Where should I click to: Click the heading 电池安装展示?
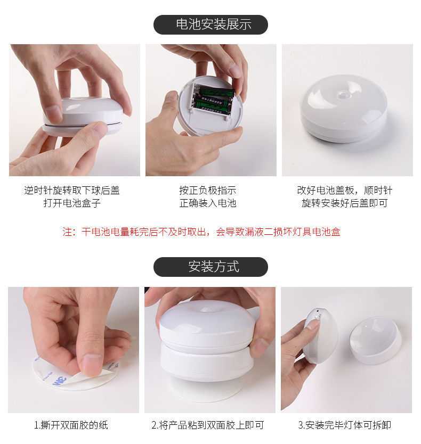(213, 24)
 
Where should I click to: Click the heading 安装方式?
(214, 267)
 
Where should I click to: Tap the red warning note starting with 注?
(201, 232)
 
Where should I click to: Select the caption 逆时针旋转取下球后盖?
(72, 190)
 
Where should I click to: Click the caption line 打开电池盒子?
(72, 203)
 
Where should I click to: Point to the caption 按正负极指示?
(207, 190)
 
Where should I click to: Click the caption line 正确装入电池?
(207, 203)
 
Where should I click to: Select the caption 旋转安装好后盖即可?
(344, 203)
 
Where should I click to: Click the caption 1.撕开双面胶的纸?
(71, 425)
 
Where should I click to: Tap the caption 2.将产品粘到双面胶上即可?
(207, 425)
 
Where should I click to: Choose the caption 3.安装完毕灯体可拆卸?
(344, 425)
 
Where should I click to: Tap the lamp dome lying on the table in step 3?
(376, 340)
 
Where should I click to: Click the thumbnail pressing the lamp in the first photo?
(53, 112)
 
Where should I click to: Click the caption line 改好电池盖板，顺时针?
(344, 190)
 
